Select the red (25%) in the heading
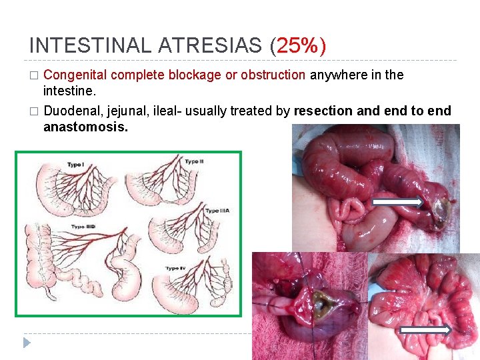click(298, 45)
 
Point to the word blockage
click(195, 75)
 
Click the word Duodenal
click(69, 111)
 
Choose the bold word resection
click(324, 111)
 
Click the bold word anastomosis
click(85, 126)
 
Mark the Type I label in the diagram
click(75, 165)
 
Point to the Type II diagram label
click(194, 162)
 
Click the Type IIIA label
click(217, 211)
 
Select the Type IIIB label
click(83, 227)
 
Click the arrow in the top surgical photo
click(397, 201)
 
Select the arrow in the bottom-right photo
click(426, 329)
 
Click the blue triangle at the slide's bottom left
click(27, 343)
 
